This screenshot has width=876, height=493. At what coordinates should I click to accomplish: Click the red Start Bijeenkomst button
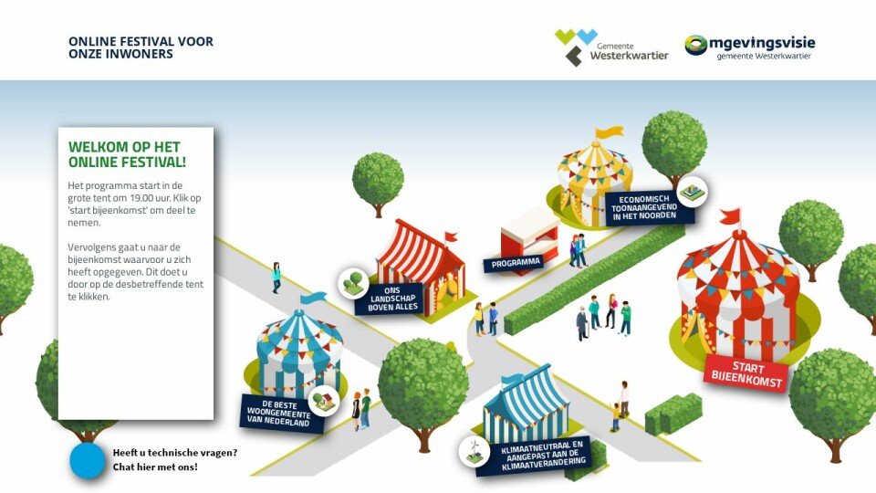click(746, 374)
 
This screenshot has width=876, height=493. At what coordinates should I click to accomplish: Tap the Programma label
click(515, 262)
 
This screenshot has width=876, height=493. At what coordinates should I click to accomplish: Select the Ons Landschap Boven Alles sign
click(391, 299)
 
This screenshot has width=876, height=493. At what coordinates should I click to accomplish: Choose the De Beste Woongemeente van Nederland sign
click(281, 413)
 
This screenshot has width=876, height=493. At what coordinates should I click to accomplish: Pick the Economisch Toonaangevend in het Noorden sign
click(648, 207)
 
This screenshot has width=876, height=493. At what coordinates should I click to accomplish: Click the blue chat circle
click(88, 460)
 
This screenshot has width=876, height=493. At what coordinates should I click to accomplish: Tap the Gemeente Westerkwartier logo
click(611, 47)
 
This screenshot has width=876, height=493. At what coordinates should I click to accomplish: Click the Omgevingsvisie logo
click(750, 47)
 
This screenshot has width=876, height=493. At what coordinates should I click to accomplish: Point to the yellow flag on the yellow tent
click(609, 132)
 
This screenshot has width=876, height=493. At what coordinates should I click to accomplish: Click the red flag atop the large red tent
click(730, 215)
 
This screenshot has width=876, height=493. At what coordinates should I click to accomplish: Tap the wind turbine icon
click(474, 450)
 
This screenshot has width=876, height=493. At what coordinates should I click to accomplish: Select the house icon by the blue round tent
click(324, 401)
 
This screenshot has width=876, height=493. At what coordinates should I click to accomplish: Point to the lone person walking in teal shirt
click(276, 278)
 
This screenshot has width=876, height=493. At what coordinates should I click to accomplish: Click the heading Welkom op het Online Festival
click(127, 154)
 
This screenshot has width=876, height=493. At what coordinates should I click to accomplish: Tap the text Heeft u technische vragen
click(175, 453)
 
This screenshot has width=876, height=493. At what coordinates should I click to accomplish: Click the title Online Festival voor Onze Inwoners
click(141, 47)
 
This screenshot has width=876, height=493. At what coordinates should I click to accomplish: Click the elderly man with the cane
click(582, 323)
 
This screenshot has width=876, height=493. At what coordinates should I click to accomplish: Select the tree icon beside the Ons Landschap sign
click(354, 283)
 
